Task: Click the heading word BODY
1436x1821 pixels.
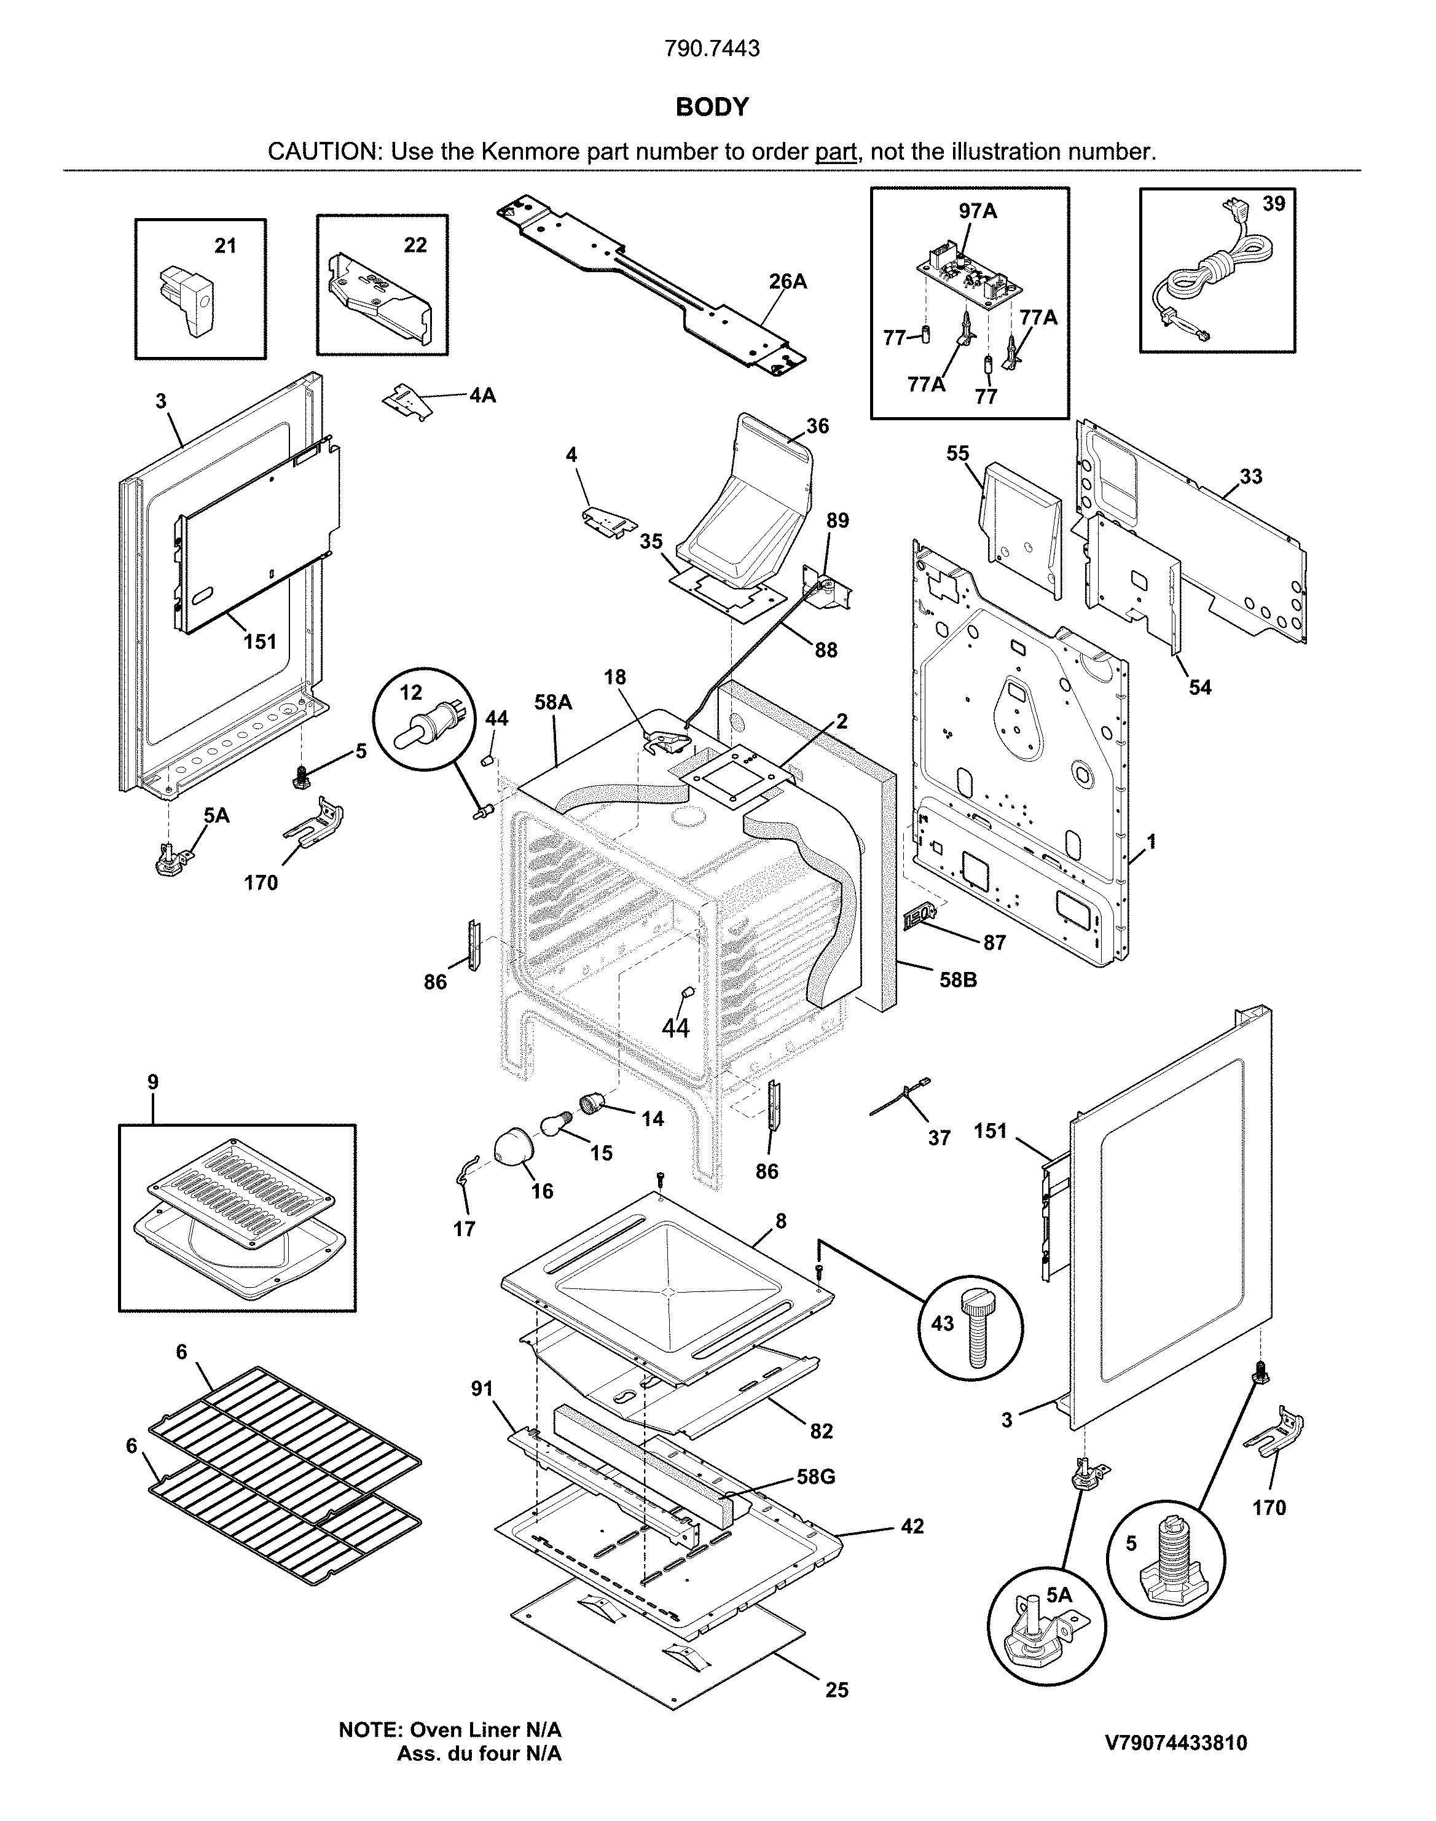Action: pyautogui.click(x=712, y=107)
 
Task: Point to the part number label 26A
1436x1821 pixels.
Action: pyautogui.click(x=787, y=281)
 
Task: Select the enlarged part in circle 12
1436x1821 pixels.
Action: pyautogui.click(x=430, y=721)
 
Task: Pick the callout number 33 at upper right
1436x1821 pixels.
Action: pyautogui.click(x=1250, y=477)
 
